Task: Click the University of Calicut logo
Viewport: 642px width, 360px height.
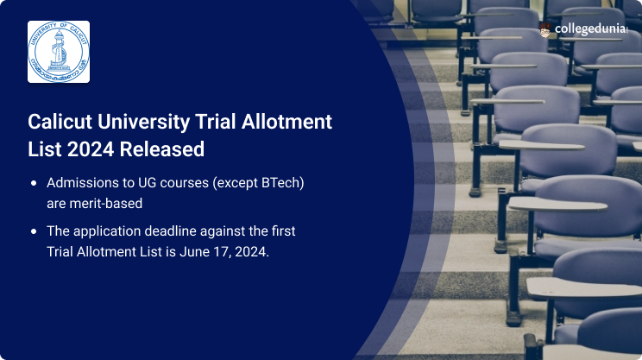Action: point(59,52)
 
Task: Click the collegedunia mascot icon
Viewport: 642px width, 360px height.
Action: point(545,30)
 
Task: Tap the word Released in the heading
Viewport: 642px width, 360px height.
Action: point(163,149)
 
